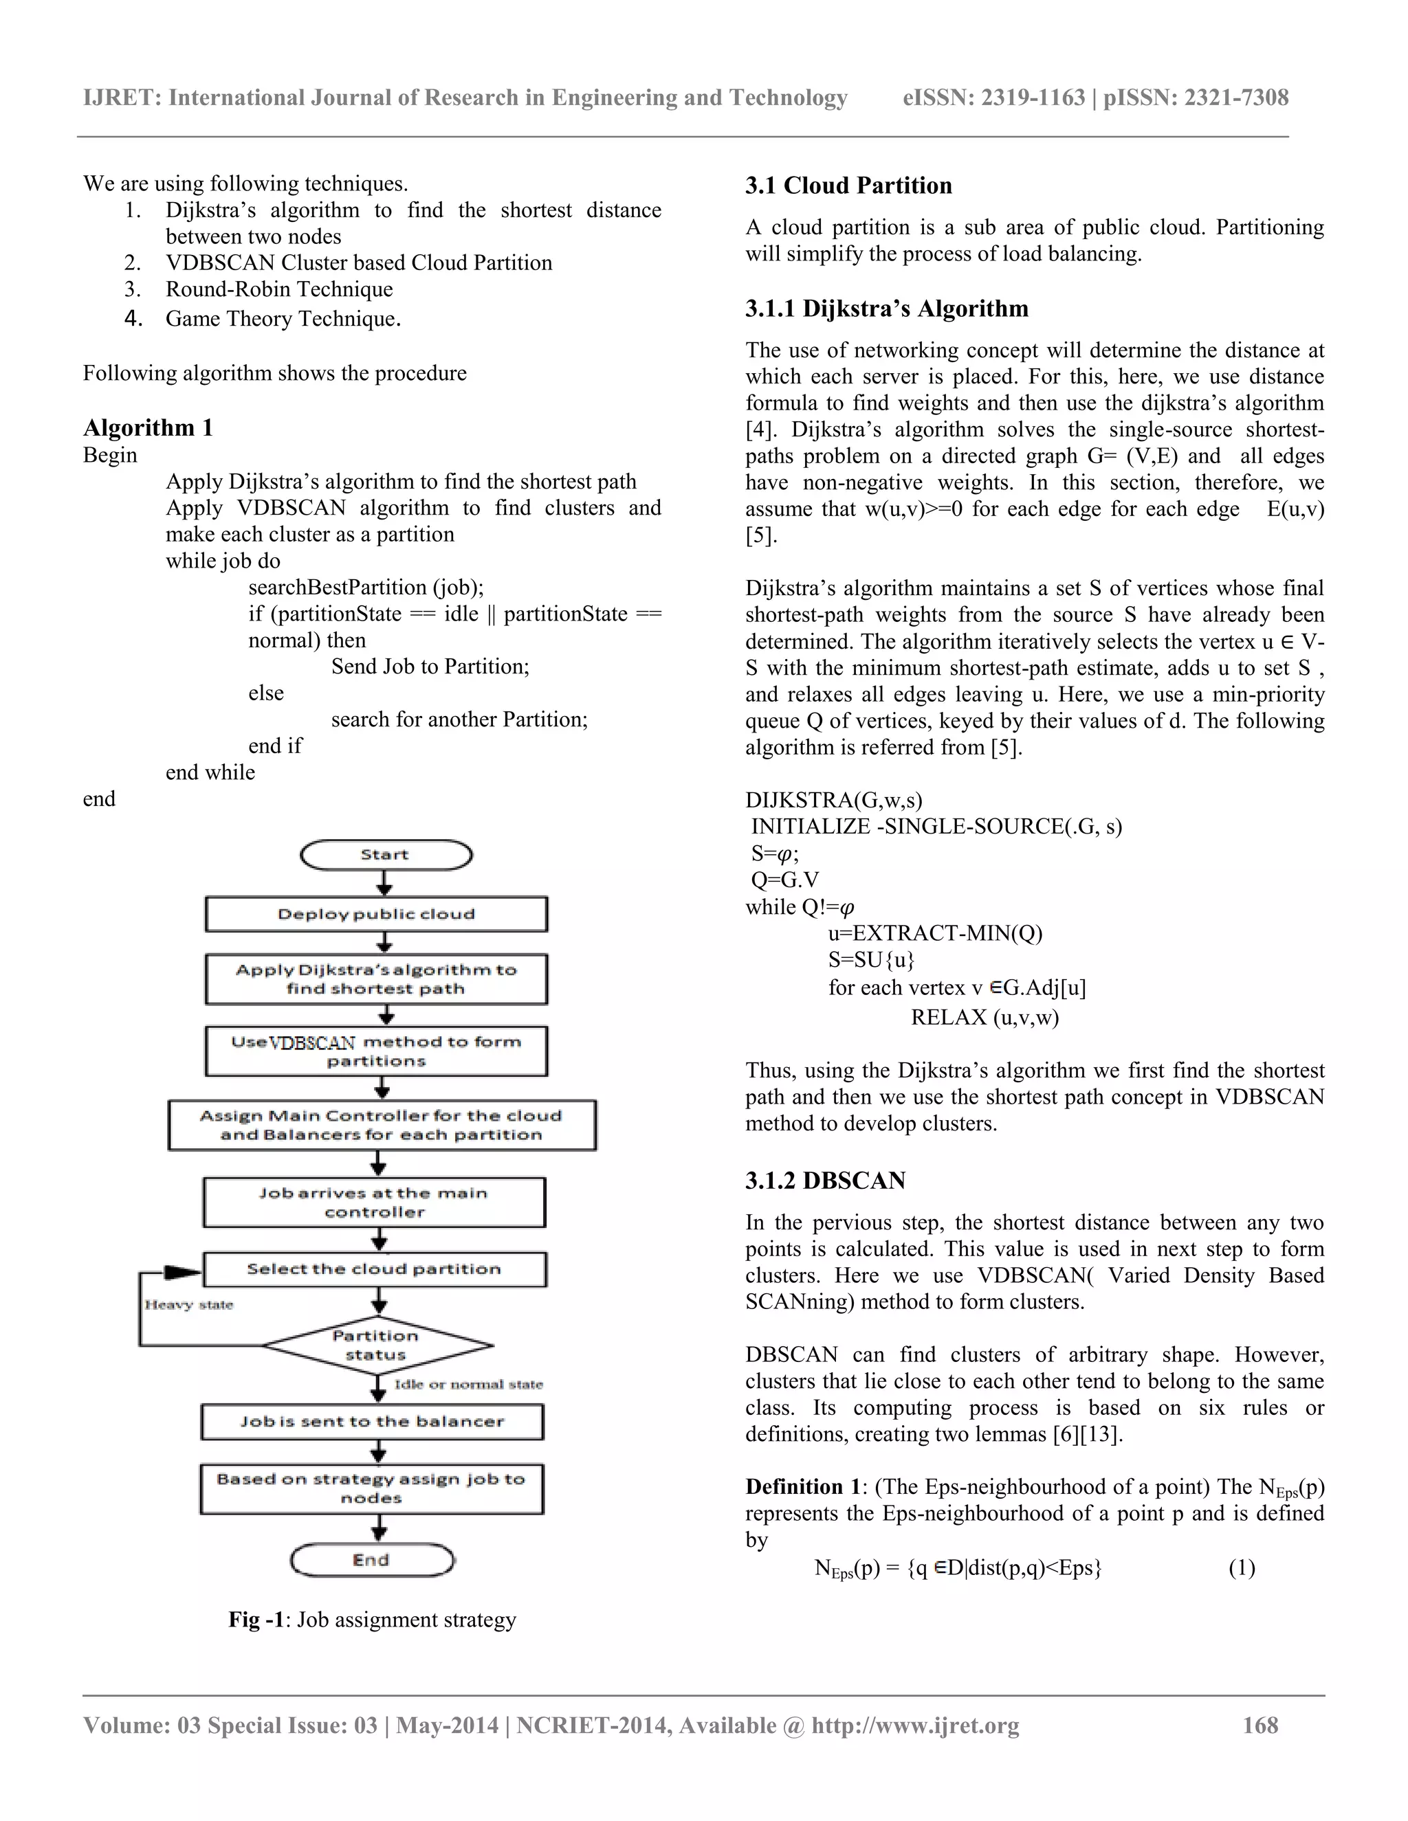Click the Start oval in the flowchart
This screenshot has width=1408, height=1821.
pyautogui.click(x=386, y=855)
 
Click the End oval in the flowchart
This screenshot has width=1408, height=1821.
pyautogui.click(x=372, y=1560)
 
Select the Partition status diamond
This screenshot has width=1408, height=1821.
pyautogui.click(x=377, y=1345)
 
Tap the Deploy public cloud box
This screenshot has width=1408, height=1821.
pyautogui.click(x=376, y=914)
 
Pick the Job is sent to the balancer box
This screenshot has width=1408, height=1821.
pyautogui.click(x=372, y=1422)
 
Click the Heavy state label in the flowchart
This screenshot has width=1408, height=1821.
pyautogui.click(x=188, y=1305)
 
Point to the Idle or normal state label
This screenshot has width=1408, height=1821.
pyautogui.click(x=468, y=1384)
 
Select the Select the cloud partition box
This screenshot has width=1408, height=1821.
pyautogui.click(x=375, y=1269)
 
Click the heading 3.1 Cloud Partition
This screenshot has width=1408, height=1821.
pyautogui.click(x=848, y=185)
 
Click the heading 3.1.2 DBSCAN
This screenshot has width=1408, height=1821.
pyautogui.click(x=825, y=1181)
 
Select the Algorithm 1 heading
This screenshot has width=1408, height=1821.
pyautogui.click(x=148, y=427)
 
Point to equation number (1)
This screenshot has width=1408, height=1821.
pyautogui.click(x=1241, y=1567)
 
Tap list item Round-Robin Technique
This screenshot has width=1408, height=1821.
pyautogui.click(x=278, y=289)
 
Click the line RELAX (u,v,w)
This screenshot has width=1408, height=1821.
pyautogui.click(x=984, y=1017)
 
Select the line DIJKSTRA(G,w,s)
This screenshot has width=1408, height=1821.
pyautogui.click(x=833, y=801)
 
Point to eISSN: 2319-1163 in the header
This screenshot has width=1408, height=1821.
pyautogui.click(x=993, y=98)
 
